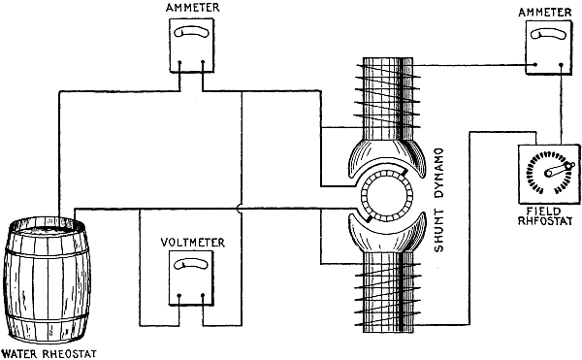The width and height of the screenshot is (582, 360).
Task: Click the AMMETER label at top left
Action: pos(192,8)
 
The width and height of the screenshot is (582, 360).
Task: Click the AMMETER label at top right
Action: pos(545,13)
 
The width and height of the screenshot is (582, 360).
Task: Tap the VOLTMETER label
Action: pos(193,243)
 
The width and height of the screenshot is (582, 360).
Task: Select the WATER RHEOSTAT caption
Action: pos(49,353)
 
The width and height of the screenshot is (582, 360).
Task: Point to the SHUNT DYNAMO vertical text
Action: pos(439,201)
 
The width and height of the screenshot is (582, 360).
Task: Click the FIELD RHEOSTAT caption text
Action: pos(545,216)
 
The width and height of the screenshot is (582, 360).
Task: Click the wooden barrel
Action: pos(48,280)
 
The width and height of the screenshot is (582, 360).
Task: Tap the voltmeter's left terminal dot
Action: pos(179,296)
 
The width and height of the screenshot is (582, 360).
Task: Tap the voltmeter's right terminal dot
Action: pos(203,296)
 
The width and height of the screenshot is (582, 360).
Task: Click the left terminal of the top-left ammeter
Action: pos(179,62)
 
